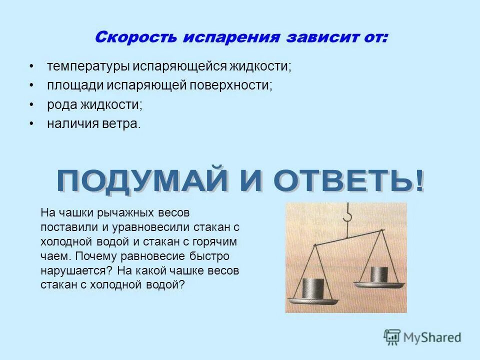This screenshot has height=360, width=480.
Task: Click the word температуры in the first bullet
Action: tap(87, 66)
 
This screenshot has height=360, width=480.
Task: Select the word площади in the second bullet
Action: tap(75, 85)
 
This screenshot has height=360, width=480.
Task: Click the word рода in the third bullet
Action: tap(61, 104)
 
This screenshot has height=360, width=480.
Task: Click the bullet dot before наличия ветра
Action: tap(32, 123)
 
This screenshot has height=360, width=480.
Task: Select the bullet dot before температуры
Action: tap(32, 66)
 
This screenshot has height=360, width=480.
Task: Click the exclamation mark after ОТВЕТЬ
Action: tap(418, 181)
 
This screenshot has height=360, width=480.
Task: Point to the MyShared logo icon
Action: tap(392, 337)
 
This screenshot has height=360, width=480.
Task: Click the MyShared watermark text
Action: tap(432, 338)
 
